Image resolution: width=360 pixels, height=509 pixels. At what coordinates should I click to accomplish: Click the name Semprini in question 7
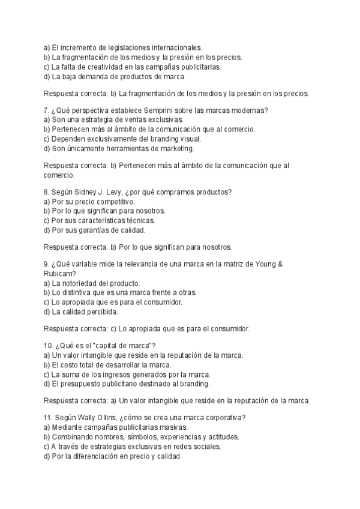[161, 110]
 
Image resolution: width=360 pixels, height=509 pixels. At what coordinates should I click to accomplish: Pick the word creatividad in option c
[106, 67]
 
